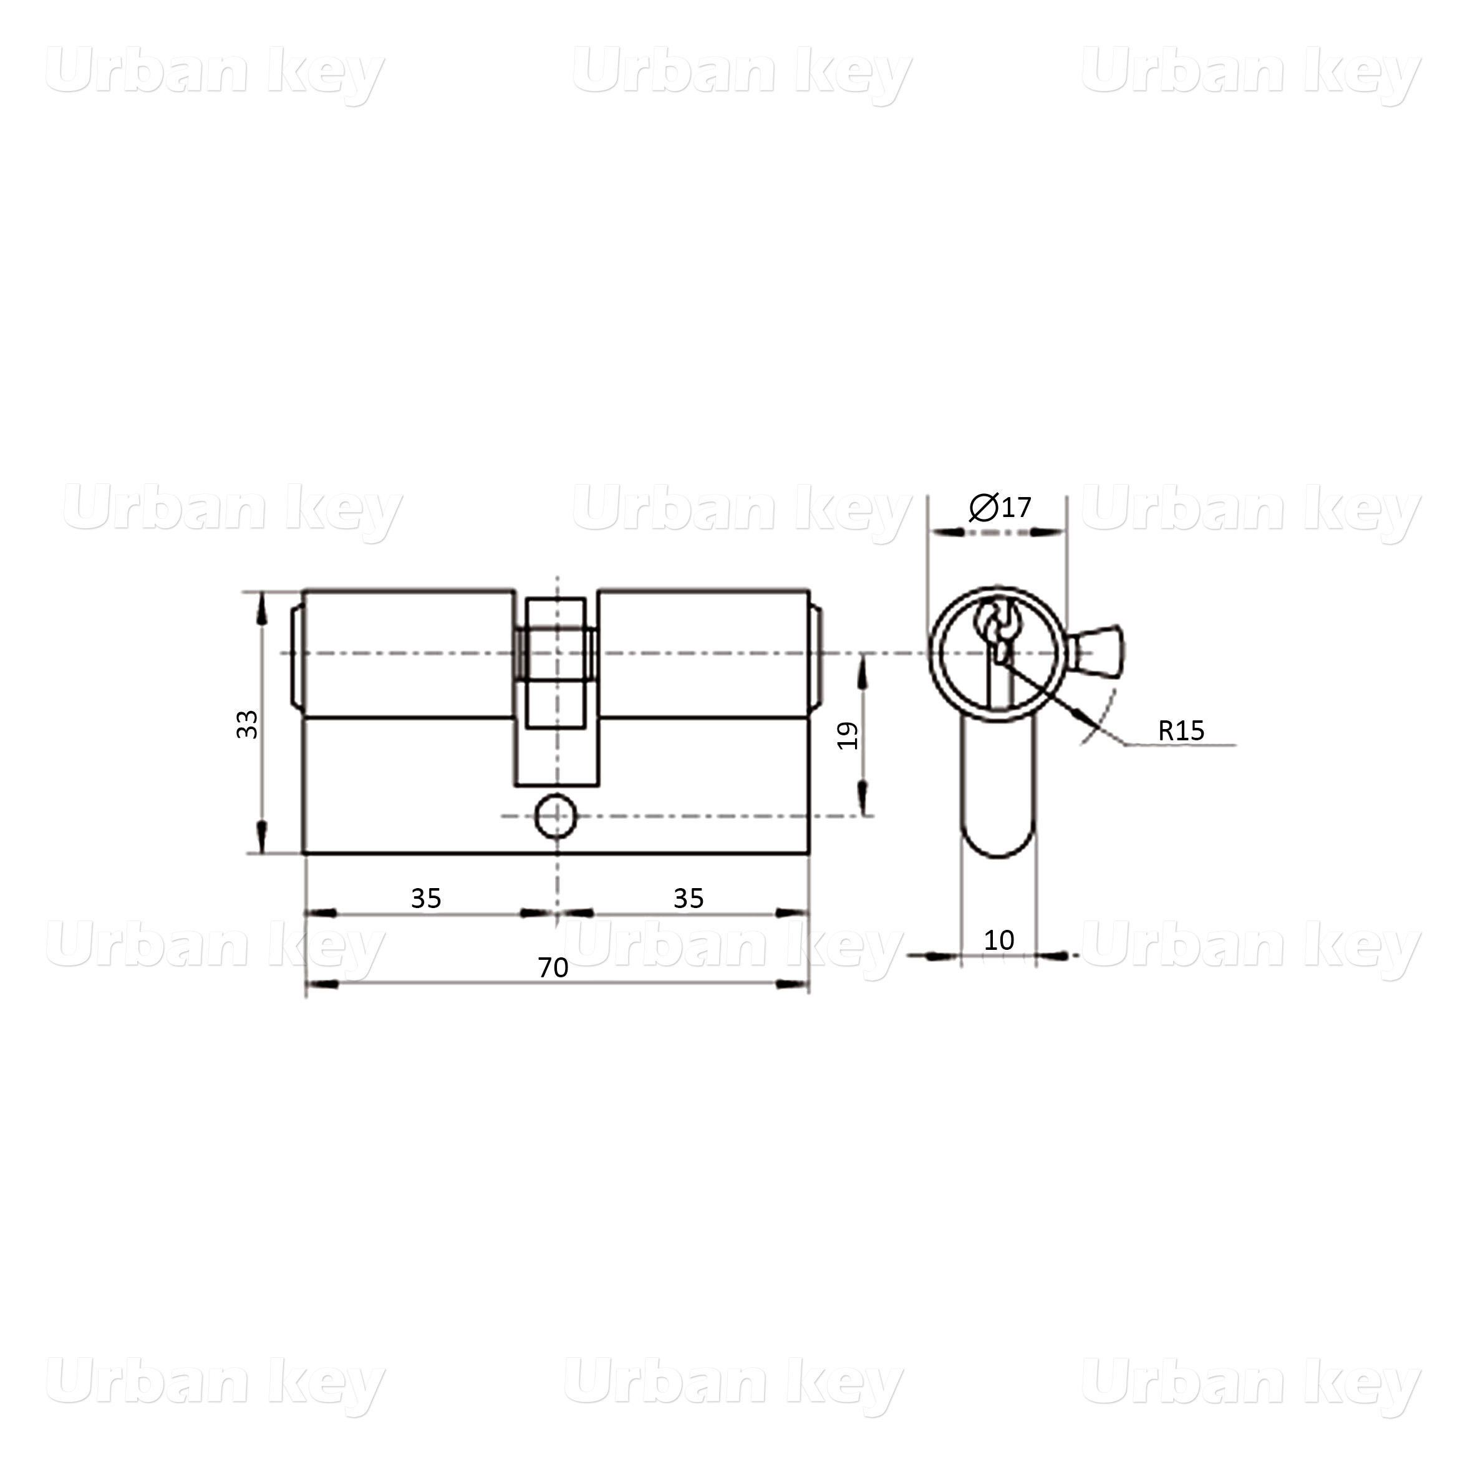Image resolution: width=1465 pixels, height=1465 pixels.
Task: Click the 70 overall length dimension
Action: [553, 967]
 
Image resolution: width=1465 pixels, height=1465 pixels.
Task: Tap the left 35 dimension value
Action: [425, 899]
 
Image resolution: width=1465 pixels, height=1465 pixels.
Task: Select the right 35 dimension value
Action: [689, 899]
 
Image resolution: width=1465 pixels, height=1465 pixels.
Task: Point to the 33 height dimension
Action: [247, 724]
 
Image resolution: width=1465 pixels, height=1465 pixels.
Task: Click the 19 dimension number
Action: [847, 735]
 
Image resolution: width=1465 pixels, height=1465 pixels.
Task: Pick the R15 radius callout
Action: [1181, 730]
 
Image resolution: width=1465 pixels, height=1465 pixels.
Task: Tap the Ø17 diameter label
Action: [1000, 506]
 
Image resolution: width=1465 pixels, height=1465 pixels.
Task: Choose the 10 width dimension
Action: [998, 940]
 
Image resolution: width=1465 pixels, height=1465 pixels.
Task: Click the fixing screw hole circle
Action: [556, 816]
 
